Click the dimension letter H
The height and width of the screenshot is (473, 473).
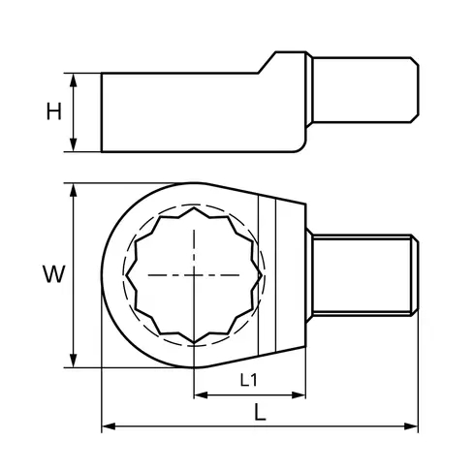tap(53, 111)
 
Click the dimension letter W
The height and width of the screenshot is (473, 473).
tap(54, 274)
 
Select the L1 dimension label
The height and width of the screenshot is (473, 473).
tap(248, 380)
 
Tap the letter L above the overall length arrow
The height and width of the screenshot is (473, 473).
tap(260, 413)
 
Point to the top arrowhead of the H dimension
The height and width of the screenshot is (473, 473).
tap(74, 80)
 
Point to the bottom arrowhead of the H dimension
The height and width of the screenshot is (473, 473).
tap(74, 144)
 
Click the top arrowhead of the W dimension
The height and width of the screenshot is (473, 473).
tap(74, 190)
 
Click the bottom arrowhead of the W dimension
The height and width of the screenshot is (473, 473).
tap(74, 361)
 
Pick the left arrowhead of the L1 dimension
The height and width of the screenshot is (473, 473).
tap(201, 394)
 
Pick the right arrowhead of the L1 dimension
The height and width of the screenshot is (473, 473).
tap(299, 394)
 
